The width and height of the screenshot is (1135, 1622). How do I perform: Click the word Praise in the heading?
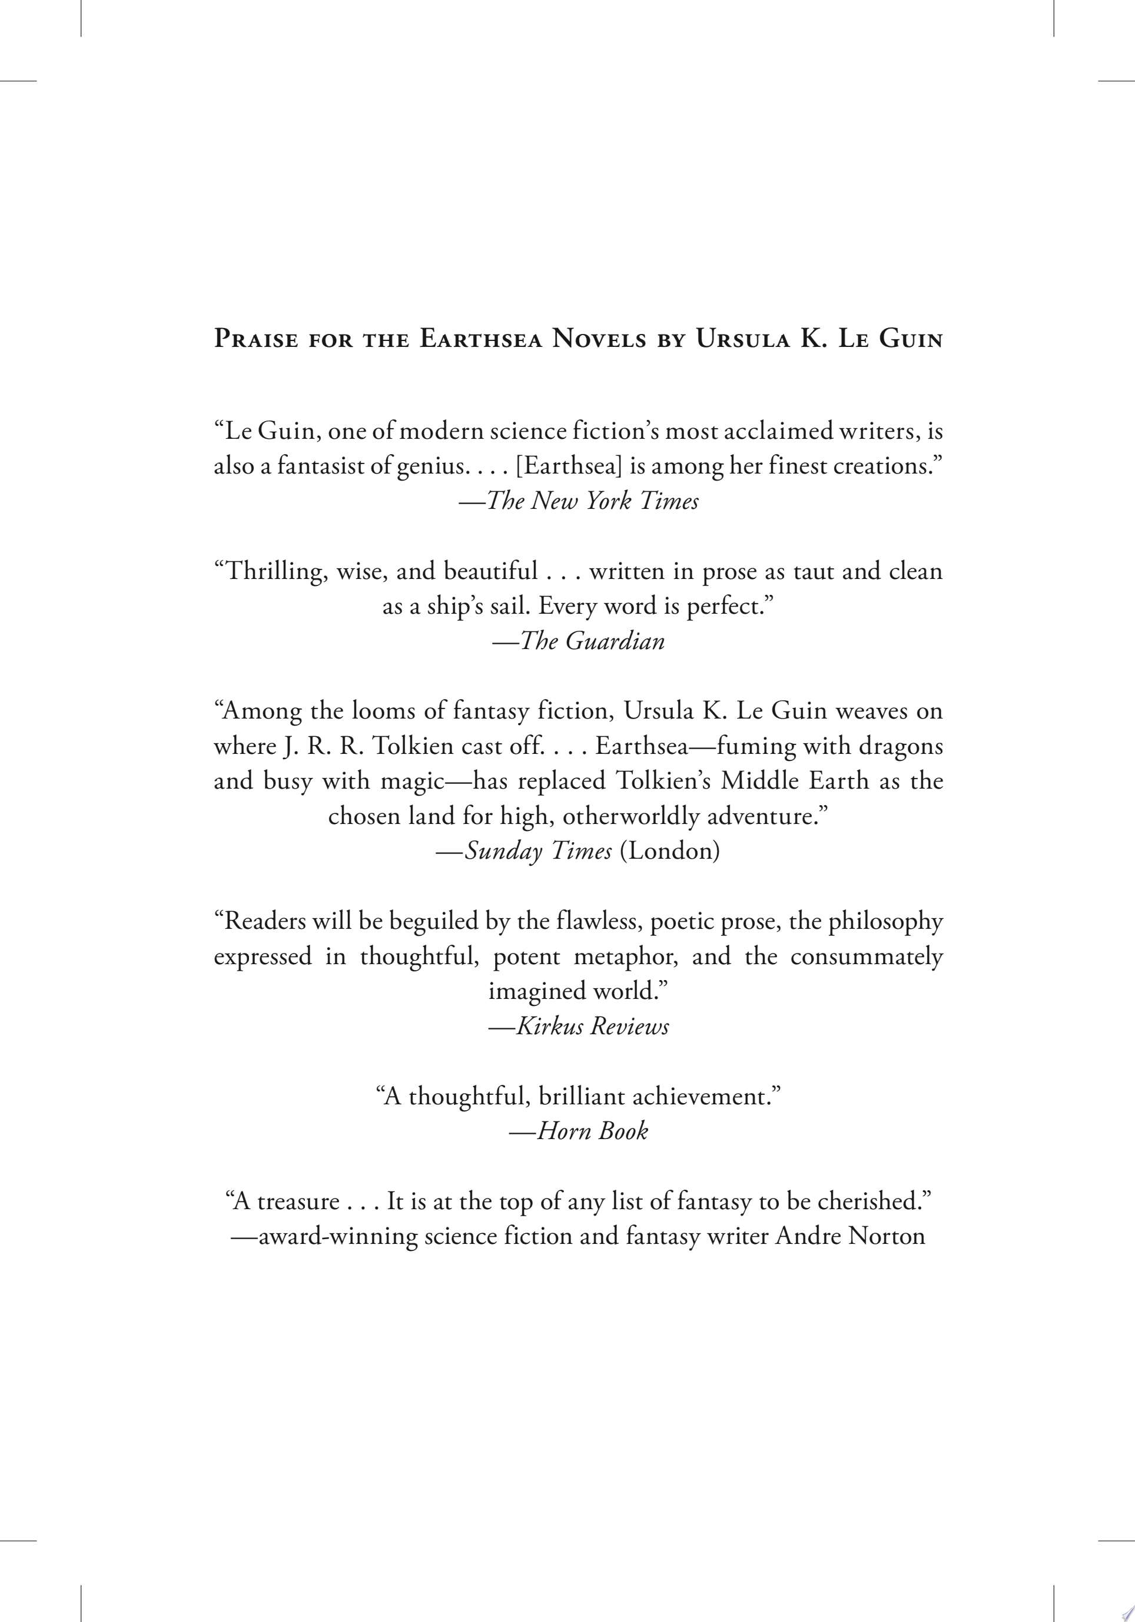click(255, 339)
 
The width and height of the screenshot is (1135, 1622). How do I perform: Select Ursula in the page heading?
click(742, 339)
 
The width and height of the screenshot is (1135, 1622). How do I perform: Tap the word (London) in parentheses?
click(669, 850)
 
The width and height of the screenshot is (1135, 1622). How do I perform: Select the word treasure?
click(298, 1201)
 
